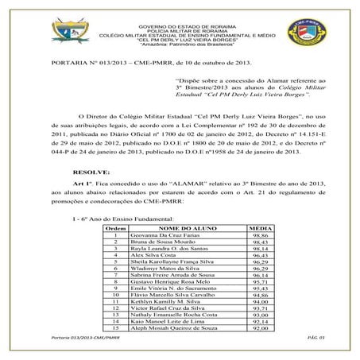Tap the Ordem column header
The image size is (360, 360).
116,228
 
